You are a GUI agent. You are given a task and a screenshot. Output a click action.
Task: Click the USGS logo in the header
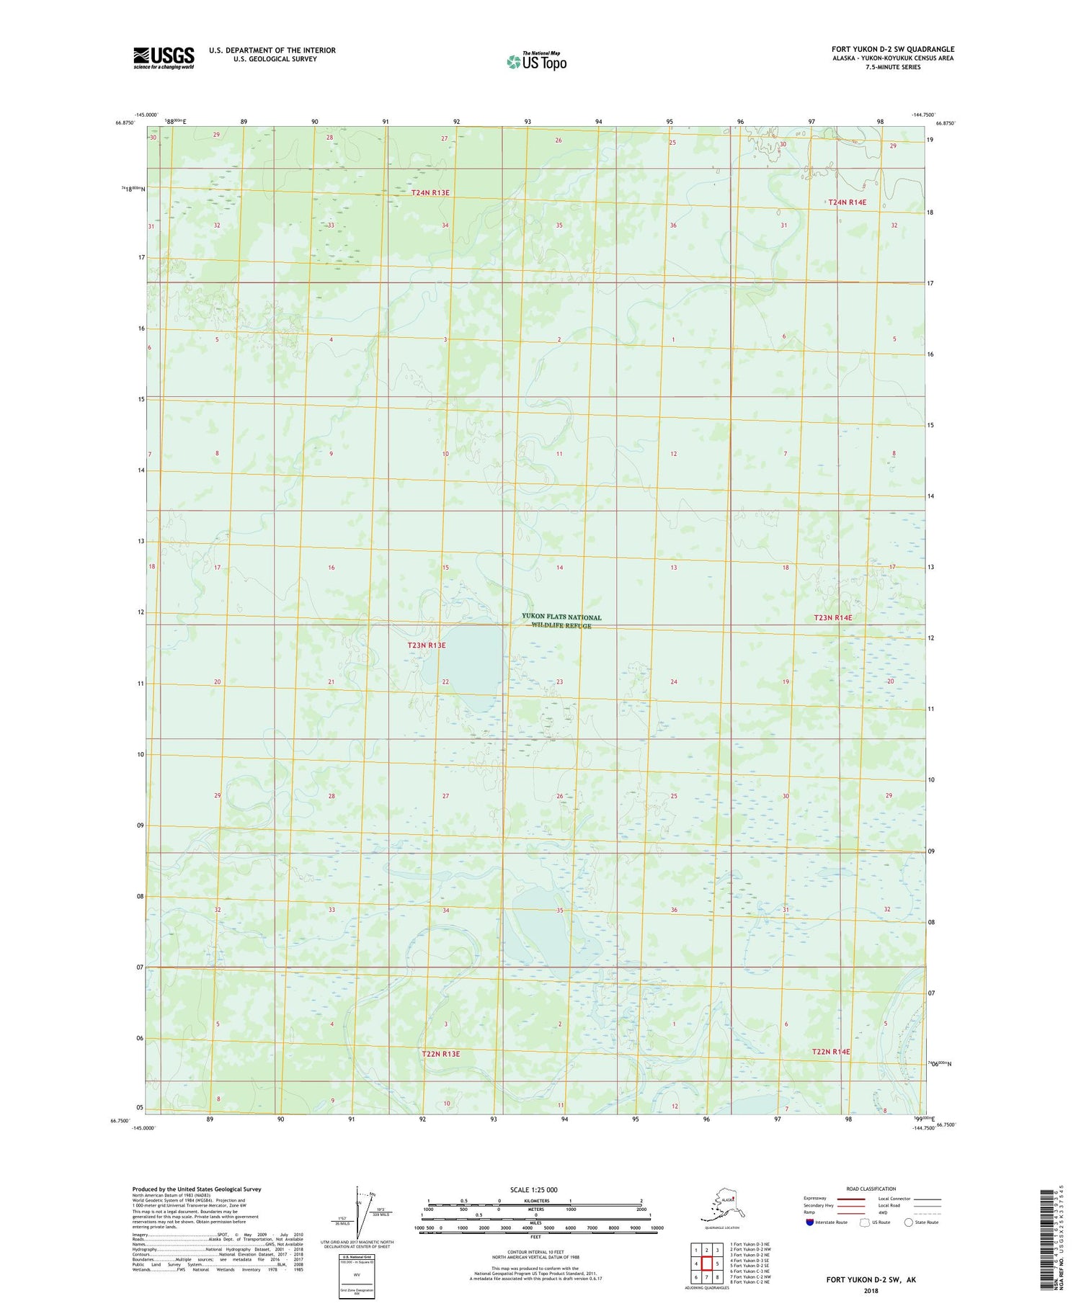[x=164, y=58]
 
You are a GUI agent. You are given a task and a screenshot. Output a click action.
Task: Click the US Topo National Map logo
[x=536, y=61]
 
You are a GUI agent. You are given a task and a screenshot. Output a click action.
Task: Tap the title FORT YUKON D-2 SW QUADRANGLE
[x=892, y=50]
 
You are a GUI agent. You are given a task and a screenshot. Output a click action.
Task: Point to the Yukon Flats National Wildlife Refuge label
[x=561, y=621]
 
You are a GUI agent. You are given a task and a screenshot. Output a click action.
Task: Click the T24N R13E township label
[x=430, y=192]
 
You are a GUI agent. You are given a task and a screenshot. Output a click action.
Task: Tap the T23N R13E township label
[x=427, y=645]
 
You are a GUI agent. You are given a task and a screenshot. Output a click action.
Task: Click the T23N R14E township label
[x=832, y=618]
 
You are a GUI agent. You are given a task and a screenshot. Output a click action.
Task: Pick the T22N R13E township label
[x=440, y=1054]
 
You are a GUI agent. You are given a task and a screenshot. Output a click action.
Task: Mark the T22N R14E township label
[x=831, y=1052]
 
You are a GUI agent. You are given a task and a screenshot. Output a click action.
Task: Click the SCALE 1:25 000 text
[x=533, y=1189]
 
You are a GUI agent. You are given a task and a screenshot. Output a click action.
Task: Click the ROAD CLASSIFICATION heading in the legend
[x=871, y=1189]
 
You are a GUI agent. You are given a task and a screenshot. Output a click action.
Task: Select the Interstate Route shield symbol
[x=811, y=1222]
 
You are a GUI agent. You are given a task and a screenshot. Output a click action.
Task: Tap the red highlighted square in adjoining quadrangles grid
[x=707, y=1263]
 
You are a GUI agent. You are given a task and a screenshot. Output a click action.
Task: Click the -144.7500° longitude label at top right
[x=923, y=115]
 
